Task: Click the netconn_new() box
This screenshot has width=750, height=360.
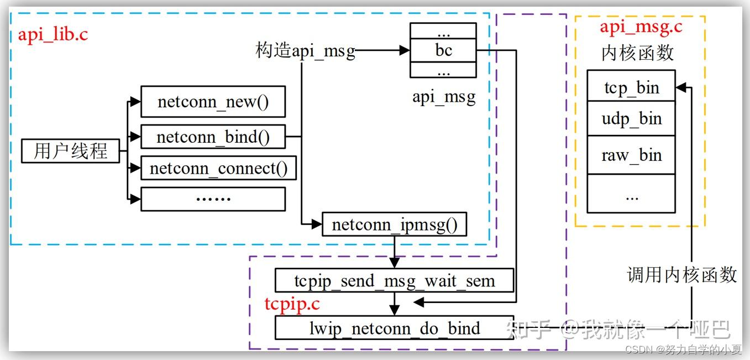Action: point(213,102)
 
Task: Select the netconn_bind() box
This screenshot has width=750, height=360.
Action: point(213,137)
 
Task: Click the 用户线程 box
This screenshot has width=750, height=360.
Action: point(70,151)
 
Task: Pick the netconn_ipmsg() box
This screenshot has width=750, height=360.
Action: point(394,225)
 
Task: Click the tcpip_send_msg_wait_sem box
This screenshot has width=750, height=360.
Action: point(394,281)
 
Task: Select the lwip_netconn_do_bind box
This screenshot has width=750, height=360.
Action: point(394,328)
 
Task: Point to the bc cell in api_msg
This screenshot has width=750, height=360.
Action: point(443,51)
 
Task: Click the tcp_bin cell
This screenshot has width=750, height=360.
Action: point(631,86)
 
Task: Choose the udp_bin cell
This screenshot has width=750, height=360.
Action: point(631,119)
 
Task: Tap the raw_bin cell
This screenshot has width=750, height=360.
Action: point(631,155)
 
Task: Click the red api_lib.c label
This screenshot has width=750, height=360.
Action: point(53,34)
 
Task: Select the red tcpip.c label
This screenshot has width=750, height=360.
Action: point(292,304)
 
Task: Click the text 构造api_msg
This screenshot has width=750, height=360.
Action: point(305,51)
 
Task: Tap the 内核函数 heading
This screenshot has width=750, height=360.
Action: point(637,53)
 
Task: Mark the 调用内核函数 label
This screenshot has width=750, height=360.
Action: point(681,274)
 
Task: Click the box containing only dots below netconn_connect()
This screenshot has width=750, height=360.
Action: point(213,199)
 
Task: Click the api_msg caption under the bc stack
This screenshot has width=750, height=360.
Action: point(443,97)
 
